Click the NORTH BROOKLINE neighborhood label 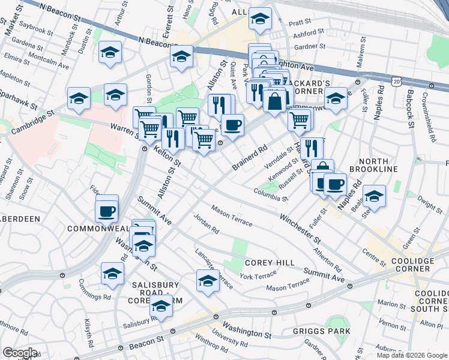coord(378,165)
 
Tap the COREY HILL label coord(270,263)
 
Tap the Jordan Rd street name coord(206,223)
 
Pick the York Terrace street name coord(258,275)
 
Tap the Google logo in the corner coord(20,353)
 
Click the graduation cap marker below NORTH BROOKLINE coord(374,196)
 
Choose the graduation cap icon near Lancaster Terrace coord(208,280)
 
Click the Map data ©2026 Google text coord(412,355)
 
